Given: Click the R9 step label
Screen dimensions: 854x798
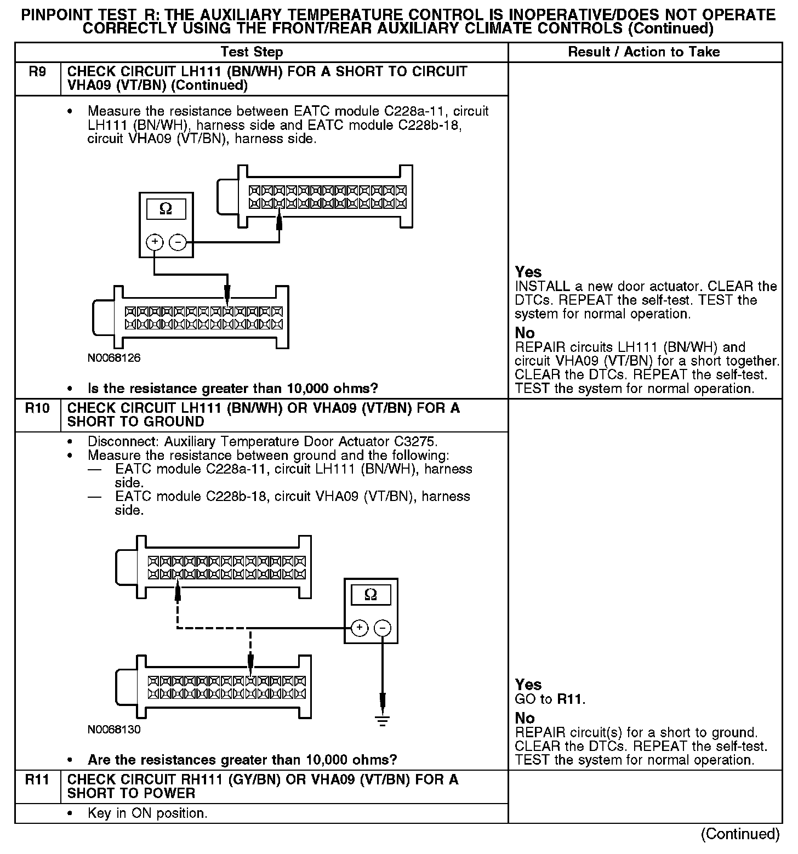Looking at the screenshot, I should pos(37,72).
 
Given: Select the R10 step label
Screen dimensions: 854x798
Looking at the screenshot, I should pos(37,408).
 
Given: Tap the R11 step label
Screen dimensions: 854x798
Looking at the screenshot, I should pos(37,779).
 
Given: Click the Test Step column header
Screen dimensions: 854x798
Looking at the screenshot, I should pos(252,52).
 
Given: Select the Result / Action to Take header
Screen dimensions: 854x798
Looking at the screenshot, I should pos(644,52).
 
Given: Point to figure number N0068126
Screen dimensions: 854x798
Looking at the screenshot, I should pos(114,358).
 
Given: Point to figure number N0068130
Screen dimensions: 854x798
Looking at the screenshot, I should pos(114,730).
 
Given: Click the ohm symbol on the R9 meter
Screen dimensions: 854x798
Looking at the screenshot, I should pos(166,209).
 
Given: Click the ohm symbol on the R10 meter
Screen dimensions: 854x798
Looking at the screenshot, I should pos(371,595).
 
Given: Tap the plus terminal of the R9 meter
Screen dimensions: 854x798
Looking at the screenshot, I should pos(155,242).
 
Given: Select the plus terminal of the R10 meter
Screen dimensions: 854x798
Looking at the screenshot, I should pos(360,628).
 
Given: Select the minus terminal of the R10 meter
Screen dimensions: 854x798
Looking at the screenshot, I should pos(383,628).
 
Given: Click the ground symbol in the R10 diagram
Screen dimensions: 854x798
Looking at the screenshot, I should pos(383,720).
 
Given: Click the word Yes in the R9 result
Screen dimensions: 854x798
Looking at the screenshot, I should pos(528,272).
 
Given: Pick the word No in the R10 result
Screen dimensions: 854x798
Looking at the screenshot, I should pos(525,718).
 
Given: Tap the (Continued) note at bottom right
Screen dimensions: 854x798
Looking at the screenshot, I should pos(740,834).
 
